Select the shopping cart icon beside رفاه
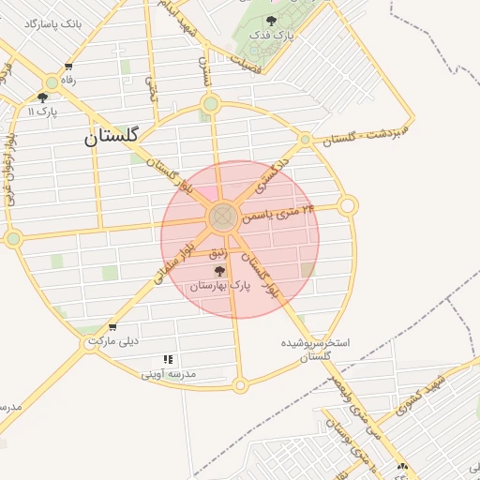point(68,67)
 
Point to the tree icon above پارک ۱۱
point(42,97)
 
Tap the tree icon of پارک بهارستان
point(219,270)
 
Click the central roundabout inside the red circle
point(222,218)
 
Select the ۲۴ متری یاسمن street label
point(278,213)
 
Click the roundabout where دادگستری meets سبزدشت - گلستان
point(305,140)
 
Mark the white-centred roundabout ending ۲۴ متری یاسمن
point(348,204)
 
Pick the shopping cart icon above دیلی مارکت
point(112,327)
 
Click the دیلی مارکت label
point(112,340)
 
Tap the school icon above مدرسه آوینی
point(169,359)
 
